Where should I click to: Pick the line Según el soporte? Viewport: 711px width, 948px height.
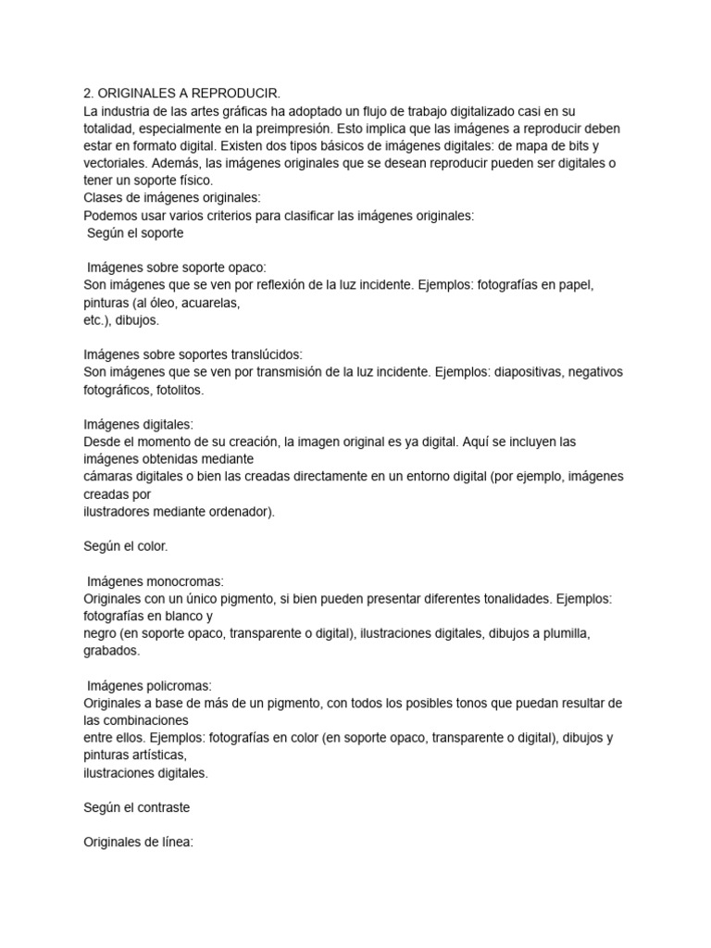pyautogui.click(x=134, y=233)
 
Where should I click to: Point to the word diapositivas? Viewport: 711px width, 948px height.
pyautogui.click(x=522, y=372)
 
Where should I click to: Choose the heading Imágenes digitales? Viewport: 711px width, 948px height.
pyautogui.click(x=138, y=425)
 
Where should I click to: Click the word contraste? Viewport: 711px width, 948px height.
pyautogui.click(x=158, y=807)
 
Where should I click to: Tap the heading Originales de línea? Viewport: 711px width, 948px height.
pyautogui.click(x=138, y=842)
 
